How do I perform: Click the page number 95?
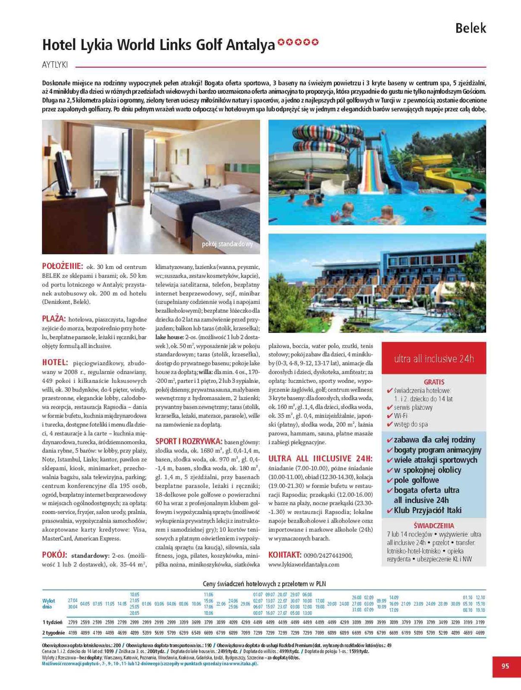505,666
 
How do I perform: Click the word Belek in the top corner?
471,28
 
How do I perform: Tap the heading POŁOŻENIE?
62,266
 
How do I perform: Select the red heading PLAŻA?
54,319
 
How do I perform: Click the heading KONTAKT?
284,555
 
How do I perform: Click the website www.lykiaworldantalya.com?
304,564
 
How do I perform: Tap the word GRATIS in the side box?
434,382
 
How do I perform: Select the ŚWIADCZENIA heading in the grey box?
433,526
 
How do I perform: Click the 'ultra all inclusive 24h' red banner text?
434,358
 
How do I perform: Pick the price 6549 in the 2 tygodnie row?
196,633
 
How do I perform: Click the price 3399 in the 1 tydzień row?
184,622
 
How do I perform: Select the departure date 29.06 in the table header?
245,604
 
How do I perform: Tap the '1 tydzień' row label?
52,622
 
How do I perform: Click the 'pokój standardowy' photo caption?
227,244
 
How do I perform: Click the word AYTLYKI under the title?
55,65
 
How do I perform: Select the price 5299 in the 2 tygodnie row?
443,633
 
